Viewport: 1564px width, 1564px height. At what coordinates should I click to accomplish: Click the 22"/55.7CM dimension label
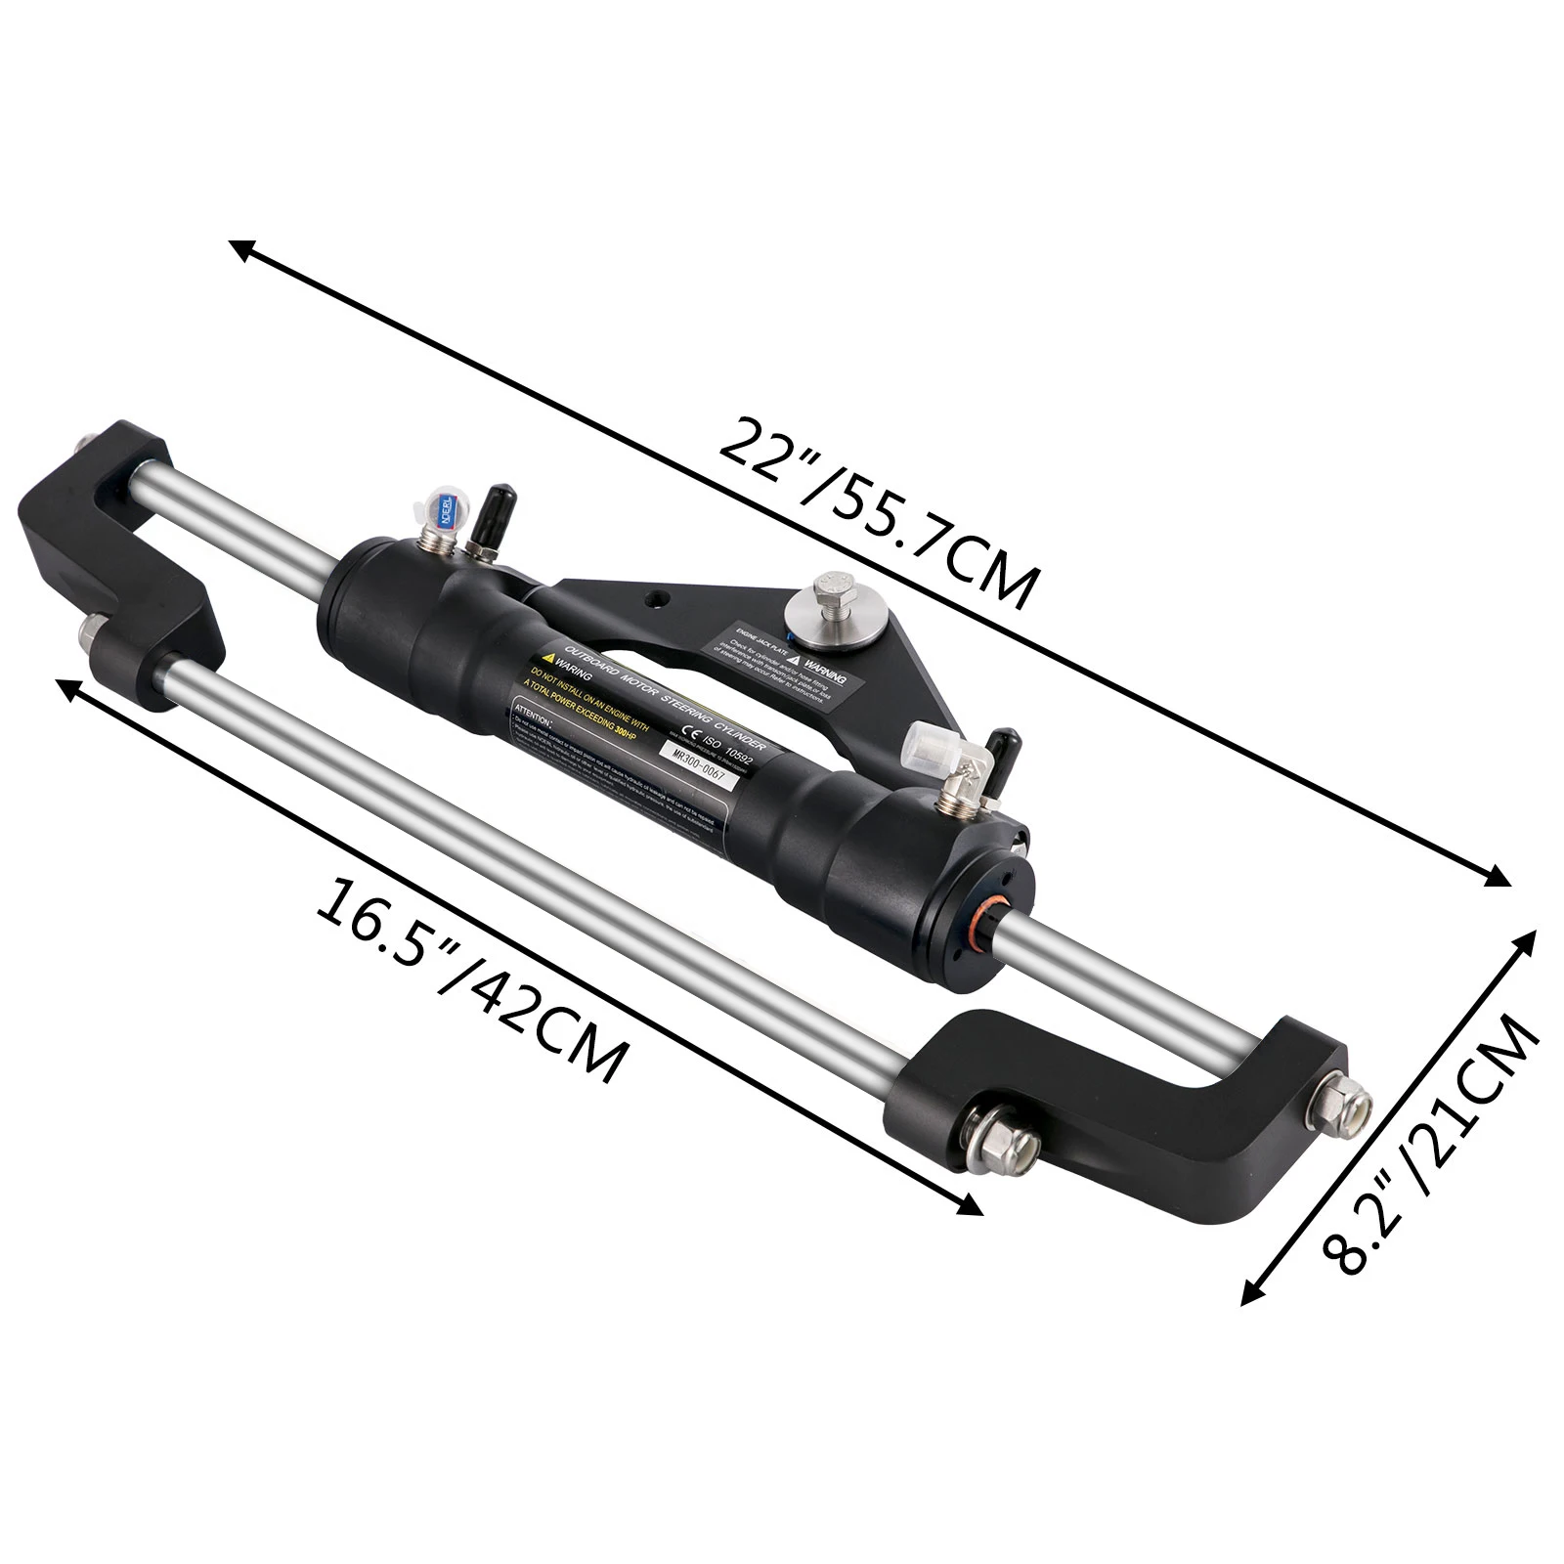point(875,514)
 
